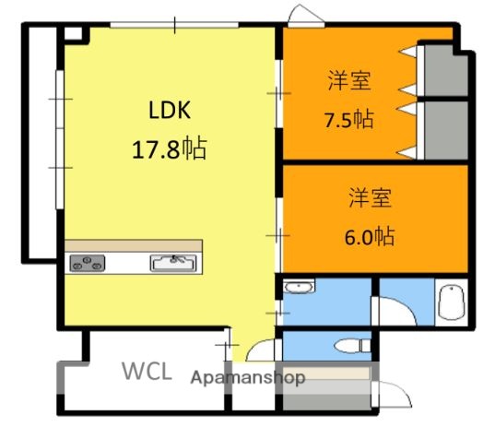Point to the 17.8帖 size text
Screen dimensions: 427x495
[169, 148]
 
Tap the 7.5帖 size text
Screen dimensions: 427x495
[348, 120]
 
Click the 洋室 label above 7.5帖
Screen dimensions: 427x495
[348, 82]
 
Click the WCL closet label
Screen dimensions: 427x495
[147, 372]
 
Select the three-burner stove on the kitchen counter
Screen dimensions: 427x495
[88, 262]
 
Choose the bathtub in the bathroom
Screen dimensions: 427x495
[451, 302]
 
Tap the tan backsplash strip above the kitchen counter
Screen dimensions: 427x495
[134, 245]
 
